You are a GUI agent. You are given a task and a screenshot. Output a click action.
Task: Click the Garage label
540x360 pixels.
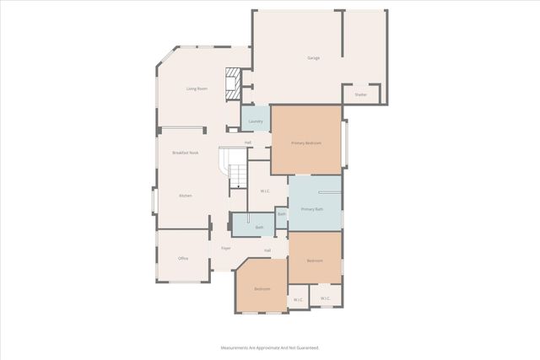pos(313,57)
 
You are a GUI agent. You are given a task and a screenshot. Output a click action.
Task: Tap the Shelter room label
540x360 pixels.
pos(360,94)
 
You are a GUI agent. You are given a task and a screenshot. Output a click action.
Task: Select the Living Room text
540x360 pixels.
pos(197,88)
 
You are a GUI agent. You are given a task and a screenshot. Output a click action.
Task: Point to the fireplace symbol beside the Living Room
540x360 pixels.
pos(232,83)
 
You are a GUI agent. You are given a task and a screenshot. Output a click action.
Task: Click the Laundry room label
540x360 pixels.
pos(256,121)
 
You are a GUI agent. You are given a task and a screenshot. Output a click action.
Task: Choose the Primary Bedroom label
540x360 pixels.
pos(306,143)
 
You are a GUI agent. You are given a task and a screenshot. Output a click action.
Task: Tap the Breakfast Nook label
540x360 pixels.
pos(185,153)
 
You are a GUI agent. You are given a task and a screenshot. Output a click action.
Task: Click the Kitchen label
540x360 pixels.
pos(186,196)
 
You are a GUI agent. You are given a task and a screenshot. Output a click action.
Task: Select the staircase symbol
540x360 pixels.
pos(235,168)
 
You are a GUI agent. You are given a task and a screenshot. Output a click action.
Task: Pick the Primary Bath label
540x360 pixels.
pos(312,208)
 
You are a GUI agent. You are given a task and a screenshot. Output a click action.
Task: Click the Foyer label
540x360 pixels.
pos(226,248)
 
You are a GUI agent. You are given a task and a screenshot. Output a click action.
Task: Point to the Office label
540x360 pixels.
pos(182,258)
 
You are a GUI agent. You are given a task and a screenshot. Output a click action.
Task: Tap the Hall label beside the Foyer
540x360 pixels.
pos(267,250)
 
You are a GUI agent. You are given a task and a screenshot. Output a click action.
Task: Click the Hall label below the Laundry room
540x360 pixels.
pos(248,142)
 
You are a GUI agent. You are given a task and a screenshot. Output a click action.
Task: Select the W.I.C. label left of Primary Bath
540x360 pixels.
pos(265,191)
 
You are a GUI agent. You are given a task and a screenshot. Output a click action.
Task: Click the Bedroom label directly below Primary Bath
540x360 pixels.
pos(315,261)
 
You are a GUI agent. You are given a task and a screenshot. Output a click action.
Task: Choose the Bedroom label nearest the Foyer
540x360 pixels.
pos(262,289)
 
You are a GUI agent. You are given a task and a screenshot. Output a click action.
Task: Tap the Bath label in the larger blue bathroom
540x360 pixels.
pos(260,228)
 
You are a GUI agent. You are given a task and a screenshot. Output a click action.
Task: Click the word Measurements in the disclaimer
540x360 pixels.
pos(238,347)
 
